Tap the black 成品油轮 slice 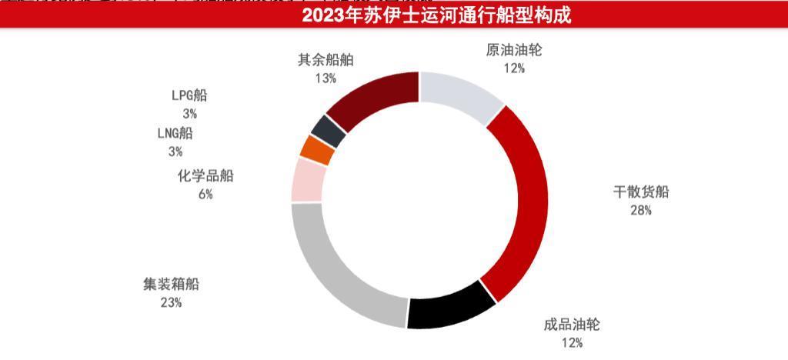coord(452,307)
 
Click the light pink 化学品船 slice coord(308,180)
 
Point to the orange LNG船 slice coord(317,149)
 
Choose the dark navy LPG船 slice coord(329,131)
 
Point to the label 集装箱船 coord(171,284)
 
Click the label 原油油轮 coord(515,51)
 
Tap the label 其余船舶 coord(326,60)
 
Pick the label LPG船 coord(189,96)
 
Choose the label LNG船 coord(175,133)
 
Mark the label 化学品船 coord(205,176)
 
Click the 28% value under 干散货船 coord(640,210)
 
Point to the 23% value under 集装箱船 coord(171,302)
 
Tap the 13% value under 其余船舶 coord(326,78)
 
